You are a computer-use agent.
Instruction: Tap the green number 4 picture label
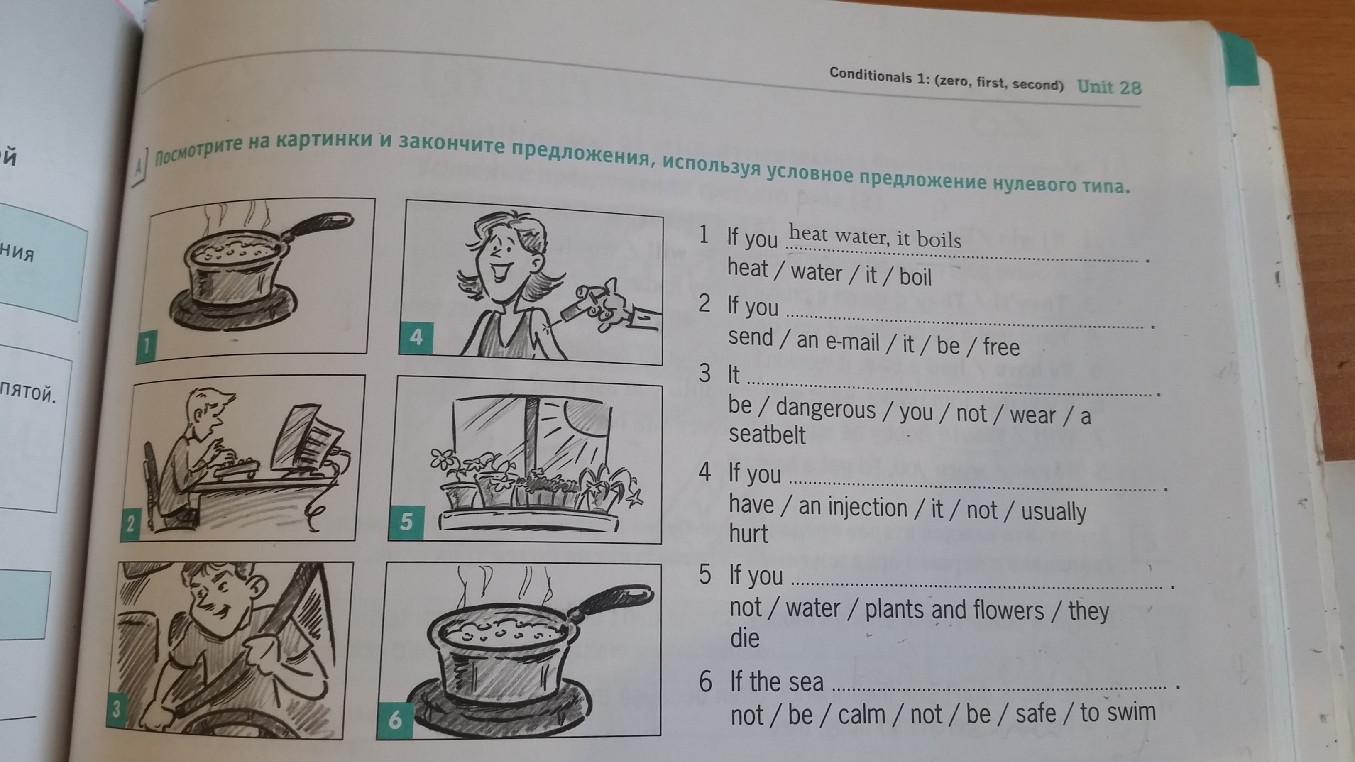[x=416, y=337]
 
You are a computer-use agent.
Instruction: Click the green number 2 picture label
[x=130, y=523]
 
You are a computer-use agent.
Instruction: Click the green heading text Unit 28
[x=1109, y=87]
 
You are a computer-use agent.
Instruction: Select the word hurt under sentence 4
[x=748, y=533]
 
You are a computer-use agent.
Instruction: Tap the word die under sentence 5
[x=745, y=638]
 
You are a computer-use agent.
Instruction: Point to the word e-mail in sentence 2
[x=853, y=342]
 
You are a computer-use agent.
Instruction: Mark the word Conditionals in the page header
[x=869, y=76]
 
